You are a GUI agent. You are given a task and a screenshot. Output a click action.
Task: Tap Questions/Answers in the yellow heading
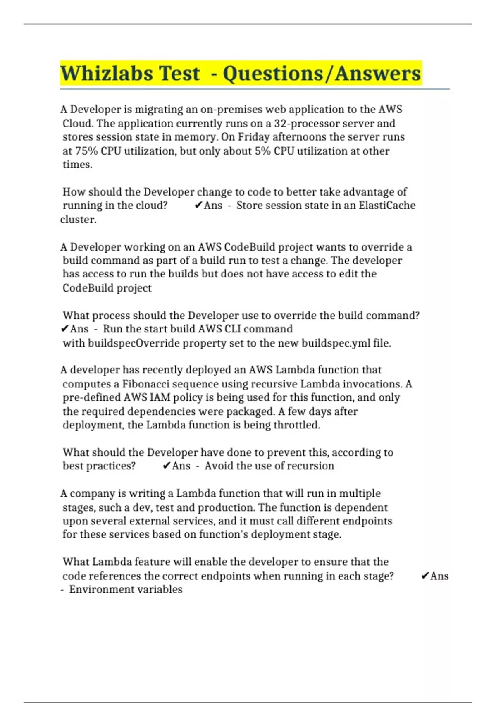coord(322,74)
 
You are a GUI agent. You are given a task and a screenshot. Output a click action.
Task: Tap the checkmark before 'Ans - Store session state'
coord(198,205)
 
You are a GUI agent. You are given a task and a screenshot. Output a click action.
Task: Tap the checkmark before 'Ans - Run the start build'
coord(64,329)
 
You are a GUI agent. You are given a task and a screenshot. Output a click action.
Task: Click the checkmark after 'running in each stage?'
coord(424,576)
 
